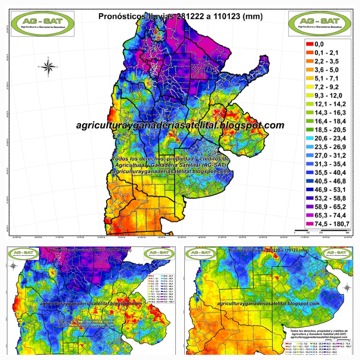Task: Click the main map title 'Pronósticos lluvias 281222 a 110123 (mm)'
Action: click(x=180, y=16)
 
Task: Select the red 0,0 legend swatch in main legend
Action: click(x=309, y=44)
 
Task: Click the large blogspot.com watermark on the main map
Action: click(x=180, y=125)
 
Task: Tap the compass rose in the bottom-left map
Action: click(x=13, y=265)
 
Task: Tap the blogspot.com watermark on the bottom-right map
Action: click(x=268, y=304)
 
